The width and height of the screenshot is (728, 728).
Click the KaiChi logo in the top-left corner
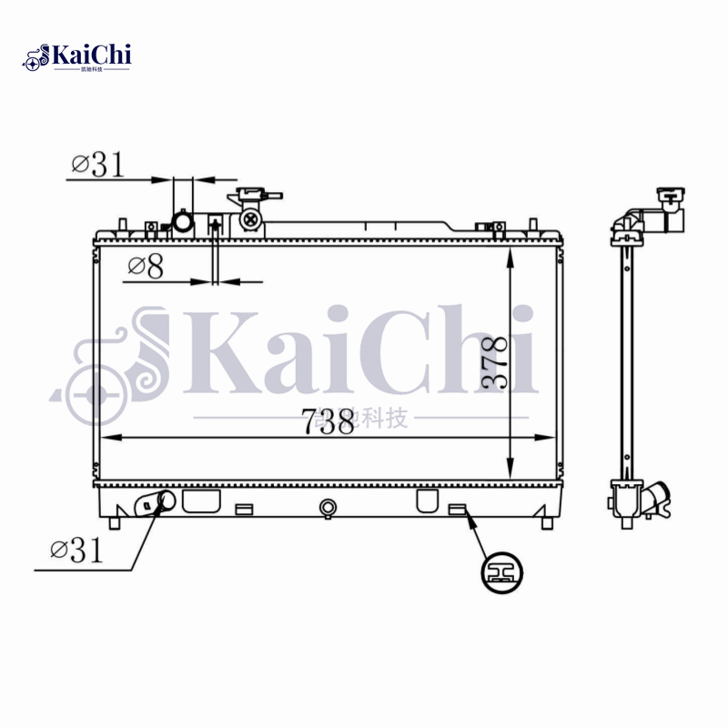pos(77,57)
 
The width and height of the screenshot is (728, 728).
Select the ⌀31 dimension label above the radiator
pos(96,164)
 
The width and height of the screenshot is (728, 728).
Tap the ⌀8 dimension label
pos(146,267)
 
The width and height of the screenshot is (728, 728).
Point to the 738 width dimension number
pos(327,421)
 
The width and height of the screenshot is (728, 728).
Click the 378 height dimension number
pos(494,363)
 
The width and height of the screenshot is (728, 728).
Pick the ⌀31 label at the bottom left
pos(76,550)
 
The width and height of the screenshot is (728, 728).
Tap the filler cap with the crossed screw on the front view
pos(250,218)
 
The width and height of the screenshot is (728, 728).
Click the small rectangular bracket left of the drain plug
pos(243,510)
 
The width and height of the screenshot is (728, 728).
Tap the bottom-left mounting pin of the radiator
pos(113,523)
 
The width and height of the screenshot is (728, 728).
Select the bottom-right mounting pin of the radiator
pos(546,523)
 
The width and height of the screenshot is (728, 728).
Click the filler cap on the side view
pos(671,200)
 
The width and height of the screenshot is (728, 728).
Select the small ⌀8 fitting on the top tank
pos(216,225)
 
